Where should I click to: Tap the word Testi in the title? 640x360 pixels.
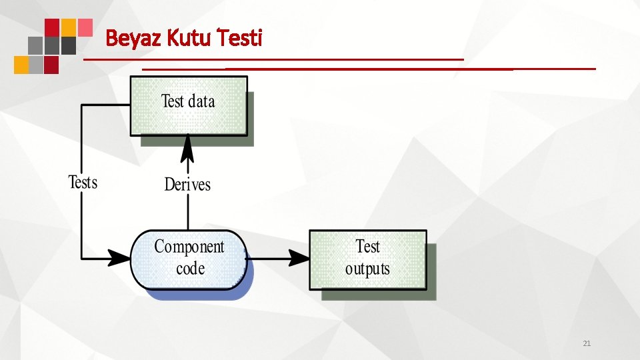[x=241, y=39]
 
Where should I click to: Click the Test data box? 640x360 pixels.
[x=188, y=105]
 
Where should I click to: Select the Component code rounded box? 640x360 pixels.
[x=188, y=259]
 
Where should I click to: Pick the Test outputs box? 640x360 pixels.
[x=367, y=259]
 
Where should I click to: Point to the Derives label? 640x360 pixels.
[x=187, y=184]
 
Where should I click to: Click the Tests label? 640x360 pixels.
[x=83, y=182]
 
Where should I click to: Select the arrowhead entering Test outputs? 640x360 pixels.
[x=299, y=258]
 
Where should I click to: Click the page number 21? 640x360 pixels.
[x=587, y=344]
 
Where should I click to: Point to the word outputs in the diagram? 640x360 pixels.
[x=367, y=269]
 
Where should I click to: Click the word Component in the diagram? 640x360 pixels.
[x=189, y=247]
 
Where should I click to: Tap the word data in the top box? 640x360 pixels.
[x=201, y=101]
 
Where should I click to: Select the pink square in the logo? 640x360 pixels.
[x=85, y=27]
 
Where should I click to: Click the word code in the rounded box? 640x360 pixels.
[x=190, y=269]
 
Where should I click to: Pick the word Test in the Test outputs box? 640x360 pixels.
[x=367, y=247]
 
